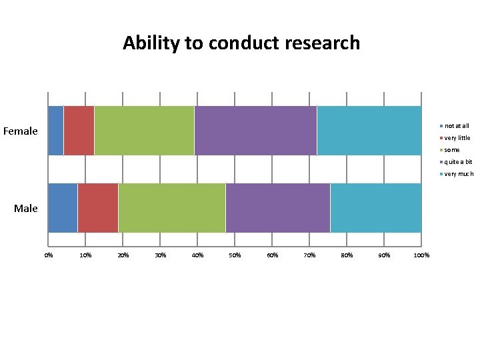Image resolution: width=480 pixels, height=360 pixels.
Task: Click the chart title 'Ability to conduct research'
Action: pos(241,43)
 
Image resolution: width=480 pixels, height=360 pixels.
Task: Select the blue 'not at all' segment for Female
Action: pos(55,131)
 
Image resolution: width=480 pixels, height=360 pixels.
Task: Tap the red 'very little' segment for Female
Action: pos(79,131)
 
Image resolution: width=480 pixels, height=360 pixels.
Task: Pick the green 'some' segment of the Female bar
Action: pos(144,131)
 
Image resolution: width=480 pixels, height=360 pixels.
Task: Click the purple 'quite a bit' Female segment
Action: pos(255,131)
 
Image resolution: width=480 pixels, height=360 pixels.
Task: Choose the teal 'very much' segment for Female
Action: pos(369,131)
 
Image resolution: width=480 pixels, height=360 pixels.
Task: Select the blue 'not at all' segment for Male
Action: pos(63,208)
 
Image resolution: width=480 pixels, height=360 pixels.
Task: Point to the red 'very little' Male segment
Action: pos(98,208)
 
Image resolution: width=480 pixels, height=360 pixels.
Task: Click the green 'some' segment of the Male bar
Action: pos(171,208)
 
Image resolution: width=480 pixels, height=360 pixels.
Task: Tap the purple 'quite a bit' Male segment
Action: pos(277,208)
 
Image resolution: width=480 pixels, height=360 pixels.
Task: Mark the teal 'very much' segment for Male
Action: pos(375,208)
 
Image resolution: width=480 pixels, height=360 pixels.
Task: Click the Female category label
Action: pos(21,131)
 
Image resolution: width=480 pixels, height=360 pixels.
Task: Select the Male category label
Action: pos(26,209)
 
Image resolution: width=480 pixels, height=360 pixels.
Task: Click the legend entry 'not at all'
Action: pos(457,126)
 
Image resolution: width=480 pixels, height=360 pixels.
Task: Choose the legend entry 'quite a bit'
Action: pos(458,162)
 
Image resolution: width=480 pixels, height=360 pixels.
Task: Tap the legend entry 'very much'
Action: pos(459,174)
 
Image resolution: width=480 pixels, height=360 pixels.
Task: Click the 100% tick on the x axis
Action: pos(422,255)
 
